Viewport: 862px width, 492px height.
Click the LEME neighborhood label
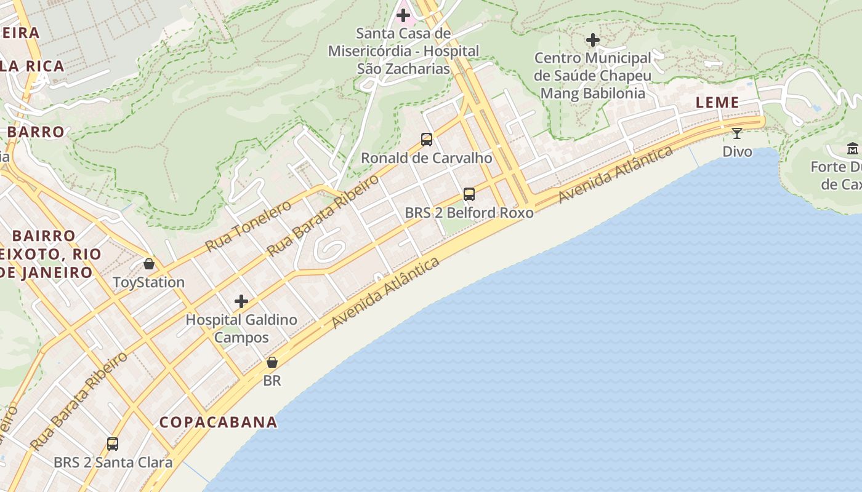pos(717,103)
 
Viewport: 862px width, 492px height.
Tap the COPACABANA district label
pos(219,423)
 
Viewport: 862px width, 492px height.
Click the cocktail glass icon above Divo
pos(737,133)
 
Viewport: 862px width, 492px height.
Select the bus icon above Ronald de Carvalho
pos(427,140)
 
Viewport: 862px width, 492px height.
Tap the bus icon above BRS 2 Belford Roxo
pos(469,195)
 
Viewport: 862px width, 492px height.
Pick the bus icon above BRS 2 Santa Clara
pos(113,444)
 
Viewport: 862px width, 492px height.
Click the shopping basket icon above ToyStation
pos(149,264)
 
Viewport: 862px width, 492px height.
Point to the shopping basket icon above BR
pos(272,363)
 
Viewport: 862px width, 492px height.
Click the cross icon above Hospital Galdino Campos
pos(241,301)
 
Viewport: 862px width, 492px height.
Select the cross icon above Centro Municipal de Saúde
pos(593,41)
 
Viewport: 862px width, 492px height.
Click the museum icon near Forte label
pos(853,149)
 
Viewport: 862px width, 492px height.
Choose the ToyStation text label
pos(149,282)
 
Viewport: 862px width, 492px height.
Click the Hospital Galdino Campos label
pos(241,328)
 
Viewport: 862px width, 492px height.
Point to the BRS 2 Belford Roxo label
pos(469,213)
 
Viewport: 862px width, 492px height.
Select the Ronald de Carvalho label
pos(427,158)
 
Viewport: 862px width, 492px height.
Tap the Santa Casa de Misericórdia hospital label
pos(403,50)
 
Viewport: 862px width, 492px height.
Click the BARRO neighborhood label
pos(36,132)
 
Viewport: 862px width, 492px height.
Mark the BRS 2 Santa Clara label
pos(113,462)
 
